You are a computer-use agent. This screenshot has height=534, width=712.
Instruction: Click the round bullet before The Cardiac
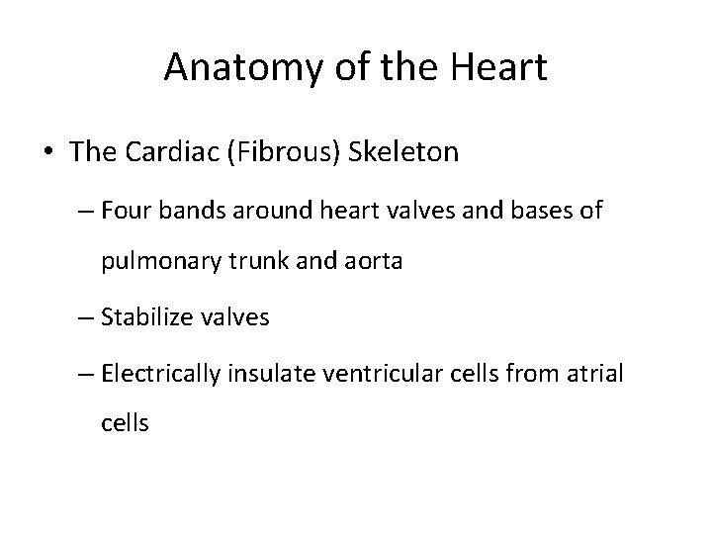(49, 154)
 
